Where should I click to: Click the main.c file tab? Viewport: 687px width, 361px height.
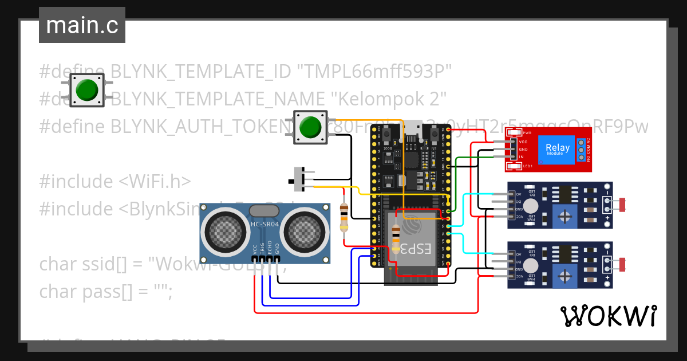(x=82, y=26)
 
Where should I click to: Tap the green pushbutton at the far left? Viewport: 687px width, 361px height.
(x=87, y=90)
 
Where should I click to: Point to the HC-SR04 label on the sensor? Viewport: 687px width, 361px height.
(x=264, y=224)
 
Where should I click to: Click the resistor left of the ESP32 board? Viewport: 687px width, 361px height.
(x=343, y=218)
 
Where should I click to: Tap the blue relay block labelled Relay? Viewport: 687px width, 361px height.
(x=556, y=149)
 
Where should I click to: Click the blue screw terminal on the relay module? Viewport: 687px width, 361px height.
(x=581, y=150)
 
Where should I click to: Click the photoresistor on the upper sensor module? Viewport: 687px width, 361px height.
(x=622, y=203)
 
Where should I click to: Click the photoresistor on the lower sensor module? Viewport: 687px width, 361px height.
(x=622, y=264)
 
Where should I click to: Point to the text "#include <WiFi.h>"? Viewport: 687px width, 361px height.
(x=114, y=182)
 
